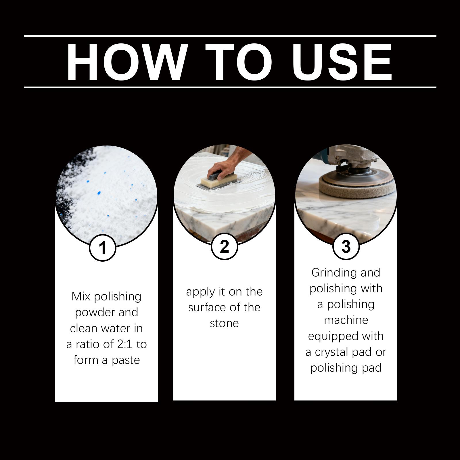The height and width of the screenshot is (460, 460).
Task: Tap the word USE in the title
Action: pyautogui.click(x=342, y=62)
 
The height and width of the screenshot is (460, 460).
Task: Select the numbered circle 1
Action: pyautogui.click(x=103, y=247)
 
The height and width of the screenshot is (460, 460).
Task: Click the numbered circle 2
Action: pyautogui.click(x=224, y=246)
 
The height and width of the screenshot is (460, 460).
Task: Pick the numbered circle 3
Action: pyautogui.click(x=346, y=246)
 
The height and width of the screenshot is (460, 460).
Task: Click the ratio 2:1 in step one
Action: pyautogui.click(x=125, y=344)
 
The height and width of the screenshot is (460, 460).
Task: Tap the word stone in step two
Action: pyautogui.click(x=224, y=323)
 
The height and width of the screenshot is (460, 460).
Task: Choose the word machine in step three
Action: pyautogui.click(x=346, y=320)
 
